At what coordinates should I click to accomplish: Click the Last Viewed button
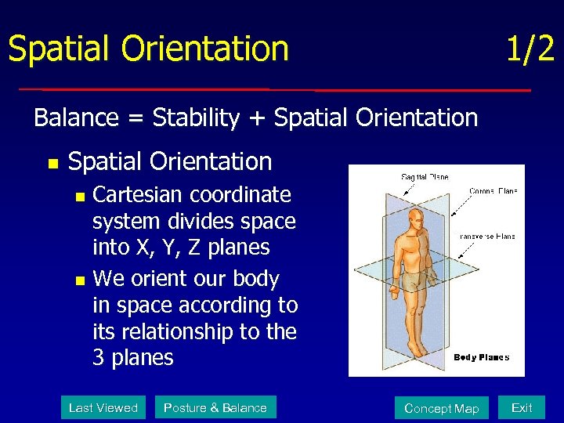(x=103, y=407)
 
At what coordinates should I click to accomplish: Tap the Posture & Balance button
(x=215, y=407)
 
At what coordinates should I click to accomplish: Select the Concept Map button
(x=441, y=408)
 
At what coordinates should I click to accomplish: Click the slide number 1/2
(x=530, y=49)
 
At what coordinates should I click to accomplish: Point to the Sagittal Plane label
(x=425, y=177)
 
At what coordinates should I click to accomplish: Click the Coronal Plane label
(x=493, y=190)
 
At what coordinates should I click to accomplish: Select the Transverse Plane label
(x=487, y=236)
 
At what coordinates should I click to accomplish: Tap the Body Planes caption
(x=482, y=357)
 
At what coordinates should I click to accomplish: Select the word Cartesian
(x=137, y=194)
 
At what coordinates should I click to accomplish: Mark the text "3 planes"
(x=132, y=357)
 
